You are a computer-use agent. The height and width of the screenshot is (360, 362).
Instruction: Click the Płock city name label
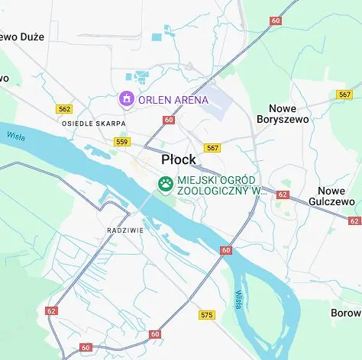tap(178, 160)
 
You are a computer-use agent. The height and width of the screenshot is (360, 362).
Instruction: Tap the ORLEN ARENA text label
tap(173, 99)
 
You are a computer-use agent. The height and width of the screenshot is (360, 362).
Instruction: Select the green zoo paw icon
tap(165, 184)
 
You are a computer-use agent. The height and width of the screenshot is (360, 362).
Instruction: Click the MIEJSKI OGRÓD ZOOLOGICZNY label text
tap(221, 185)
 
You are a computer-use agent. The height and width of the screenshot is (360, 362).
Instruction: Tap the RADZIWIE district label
tap(124, 229)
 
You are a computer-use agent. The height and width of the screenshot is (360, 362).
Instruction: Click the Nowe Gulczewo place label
tap(337, 196)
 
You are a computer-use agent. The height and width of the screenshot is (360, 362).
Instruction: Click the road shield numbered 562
tap(64, 109)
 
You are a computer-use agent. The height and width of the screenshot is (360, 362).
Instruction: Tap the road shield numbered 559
tap(121, 141)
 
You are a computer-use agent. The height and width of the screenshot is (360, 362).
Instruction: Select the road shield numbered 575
tap(207, 314)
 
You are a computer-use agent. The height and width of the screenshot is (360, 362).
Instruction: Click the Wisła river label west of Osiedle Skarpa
tap(16, 137)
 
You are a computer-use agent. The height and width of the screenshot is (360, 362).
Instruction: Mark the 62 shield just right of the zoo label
tap(283, 194)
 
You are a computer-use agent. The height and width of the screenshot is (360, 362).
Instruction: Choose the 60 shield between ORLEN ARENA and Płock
tap(169, 120)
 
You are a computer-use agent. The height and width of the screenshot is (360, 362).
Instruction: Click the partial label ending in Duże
tap(22, 37)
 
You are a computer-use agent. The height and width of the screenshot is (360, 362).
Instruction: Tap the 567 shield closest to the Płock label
tap(212, 148)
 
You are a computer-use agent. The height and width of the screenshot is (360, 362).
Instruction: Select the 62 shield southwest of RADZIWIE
tap(51, 310)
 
